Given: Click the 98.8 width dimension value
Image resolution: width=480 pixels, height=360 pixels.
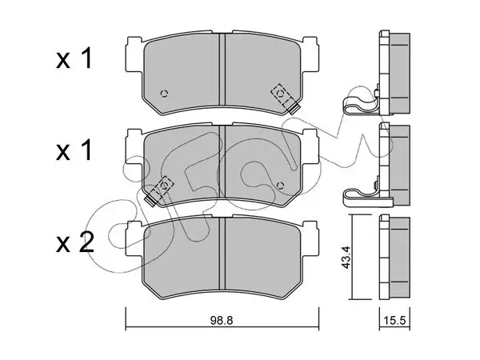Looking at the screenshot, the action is coord(222,321).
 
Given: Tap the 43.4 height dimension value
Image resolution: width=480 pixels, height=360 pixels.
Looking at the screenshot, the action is coord(346,257).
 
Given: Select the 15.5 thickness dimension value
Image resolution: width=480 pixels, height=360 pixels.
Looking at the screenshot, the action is coord(394,321).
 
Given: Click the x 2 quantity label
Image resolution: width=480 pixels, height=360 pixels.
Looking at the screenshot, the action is coord(74,243).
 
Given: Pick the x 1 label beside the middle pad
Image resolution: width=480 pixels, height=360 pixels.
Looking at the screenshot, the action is coord(74,150).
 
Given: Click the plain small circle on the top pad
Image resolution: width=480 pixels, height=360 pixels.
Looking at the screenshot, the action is coord(164,93).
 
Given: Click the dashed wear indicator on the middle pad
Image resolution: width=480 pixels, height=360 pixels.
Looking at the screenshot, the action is coord(159,190).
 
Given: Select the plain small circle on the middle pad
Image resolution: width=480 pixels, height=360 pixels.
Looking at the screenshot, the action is coord(280,186).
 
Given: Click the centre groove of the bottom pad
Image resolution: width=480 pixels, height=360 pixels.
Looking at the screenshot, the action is coord(222,254).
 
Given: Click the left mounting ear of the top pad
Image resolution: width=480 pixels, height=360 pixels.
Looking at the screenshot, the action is coord(134,54).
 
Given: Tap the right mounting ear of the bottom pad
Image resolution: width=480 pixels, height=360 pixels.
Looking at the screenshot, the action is coord(311,239).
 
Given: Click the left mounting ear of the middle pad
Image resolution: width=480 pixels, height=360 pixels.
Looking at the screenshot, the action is coord(134,146).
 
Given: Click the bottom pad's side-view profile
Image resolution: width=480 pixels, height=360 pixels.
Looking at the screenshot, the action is coord(394,257).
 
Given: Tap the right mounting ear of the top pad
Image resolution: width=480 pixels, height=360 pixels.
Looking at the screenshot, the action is coord(311,54).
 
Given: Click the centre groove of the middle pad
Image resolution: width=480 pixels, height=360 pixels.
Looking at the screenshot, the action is coord(222,162).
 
